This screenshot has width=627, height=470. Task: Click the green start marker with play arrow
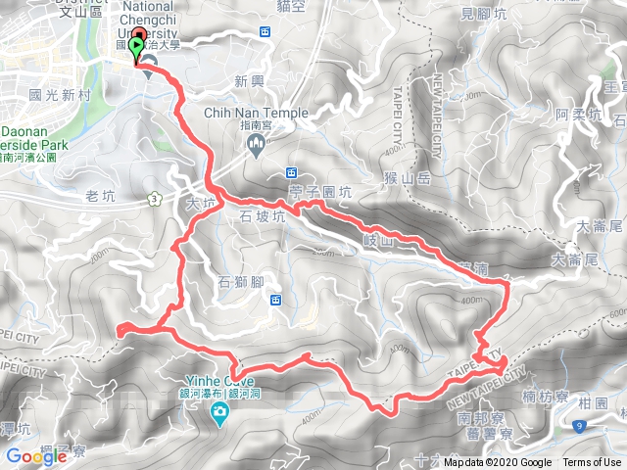coord(135,46)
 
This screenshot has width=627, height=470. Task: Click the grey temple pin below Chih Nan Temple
coord(256,146)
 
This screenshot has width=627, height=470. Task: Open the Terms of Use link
coord(591,463)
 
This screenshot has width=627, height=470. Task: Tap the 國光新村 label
coord(60,96)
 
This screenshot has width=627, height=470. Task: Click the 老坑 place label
coord(101,197)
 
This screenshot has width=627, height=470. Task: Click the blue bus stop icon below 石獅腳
coord(276,300)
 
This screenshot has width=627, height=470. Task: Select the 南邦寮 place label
coord(479,417)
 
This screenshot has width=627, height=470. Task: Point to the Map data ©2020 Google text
coord(497,463)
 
